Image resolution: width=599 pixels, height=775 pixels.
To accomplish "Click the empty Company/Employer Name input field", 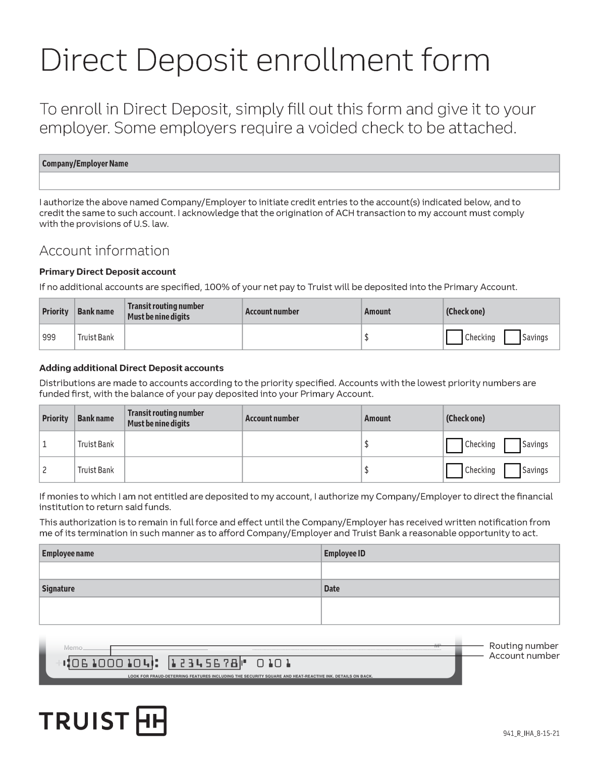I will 299,181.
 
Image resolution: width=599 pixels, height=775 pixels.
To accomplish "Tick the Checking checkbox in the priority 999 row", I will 454,338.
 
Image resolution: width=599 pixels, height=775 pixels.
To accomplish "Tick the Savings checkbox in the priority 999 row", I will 512,338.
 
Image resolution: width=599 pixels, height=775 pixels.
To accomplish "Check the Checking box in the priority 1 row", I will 454,445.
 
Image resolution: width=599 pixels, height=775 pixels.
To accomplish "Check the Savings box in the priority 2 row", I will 512,470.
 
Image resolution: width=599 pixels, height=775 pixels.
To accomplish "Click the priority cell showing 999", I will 49,338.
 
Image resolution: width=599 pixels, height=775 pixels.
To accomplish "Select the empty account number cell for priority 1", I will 301,444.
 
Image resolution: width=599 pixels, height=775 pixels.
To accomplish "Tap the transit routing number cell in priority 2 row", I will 183,470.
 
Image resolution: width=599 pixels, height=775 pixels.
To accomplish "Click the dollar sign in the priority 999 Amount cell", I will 366,338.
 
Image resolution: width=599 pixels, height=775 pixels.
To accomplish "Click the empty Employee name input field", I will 180,571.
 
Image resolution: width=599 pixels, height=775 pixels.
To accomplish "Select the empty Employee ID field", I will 440,571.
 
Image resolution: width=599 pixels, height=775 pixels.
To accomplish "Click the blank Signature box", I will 180,611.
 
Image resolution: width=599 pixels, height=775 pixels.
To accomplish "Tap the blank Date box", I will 440,611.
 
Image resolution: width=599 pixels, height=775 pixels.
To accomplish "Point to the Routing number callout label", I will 523,646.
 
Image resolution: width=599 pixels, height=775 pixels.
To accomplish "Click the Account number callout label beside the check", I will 524,656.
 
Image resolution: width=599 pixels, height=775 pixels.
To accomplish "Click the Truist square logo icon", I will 151,721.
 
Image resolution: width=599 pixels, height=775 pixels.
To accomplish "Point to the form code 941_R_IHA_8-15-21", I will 531,734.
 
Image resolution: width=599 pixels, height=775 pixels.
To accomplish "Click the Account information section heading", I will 104,251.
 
